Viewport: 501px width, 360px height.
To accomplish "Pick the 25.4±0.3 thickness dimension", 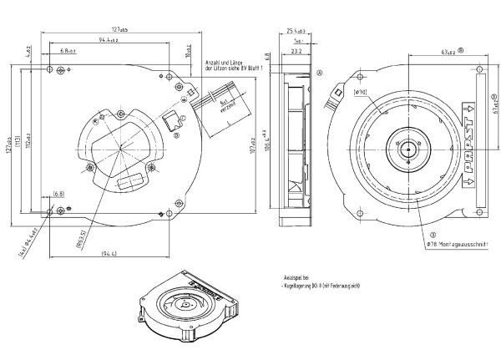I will (296, 31).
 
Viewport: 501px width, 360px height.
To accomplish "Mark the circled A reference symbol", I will (320, 73).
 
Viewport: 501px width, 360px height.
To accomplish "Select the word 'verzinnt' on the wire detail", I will (227, 109).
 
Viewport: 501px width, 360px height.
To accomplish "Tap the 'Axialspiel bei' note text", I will (296, 276).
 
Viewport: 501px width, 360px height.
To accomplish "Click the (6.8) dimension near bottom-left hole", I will (58, 194).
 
